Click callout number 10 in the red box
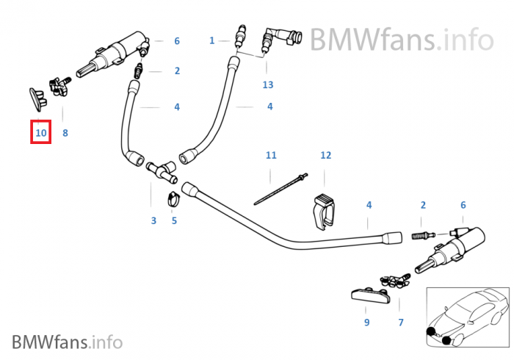40,133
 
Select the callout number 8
65,133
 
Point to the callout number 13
268,84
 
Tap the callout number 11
271,155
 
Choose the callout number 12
326,155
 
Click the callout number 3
153,220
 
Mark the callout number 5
174,220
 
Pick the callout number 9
366,322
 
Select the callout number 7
401,322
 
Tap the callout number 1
211,40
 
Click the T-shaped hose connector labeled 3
159,171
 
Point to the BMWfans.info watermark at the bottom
67,342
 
